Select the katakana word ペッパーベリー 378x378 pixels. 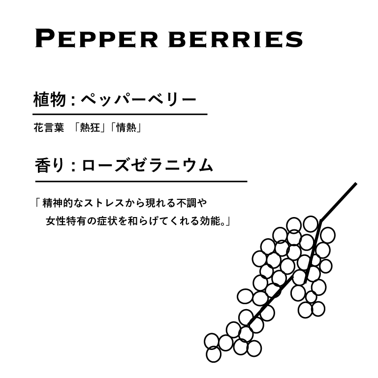click(x=137, y=100)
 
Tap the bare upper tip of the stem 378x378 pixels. click(x=351, y=187)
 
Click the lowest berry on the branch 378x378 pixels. click(x=214, y=353)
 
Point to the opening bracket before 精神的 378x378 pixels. click(x=37, y=201)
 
